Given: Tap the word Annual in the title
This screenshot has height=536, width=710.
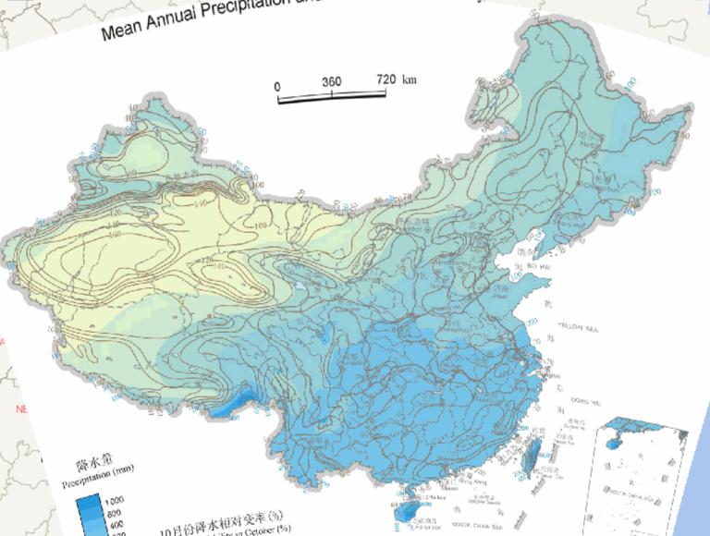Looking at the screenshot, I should pyautogui.click(x=186, y=22).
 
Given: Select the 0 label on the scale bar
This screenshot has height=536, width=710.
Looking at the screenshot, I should pyautogui.click(x=277, y=86).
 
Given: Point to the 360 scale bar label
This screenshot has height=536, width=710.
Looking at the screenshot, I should pyautogui.click(x=331, y=81).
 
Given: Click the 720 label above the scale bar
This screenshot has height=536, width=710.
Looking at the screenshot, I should pyautogui.click(x=386, y=79).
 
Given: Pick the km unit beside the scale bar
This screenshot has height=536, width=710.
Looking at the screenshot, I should pyautogui.click(x=410, y=79).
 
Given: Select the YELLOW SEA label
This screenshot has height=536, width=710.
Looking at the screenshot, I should pyautogui.click(x=583, y=326).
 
